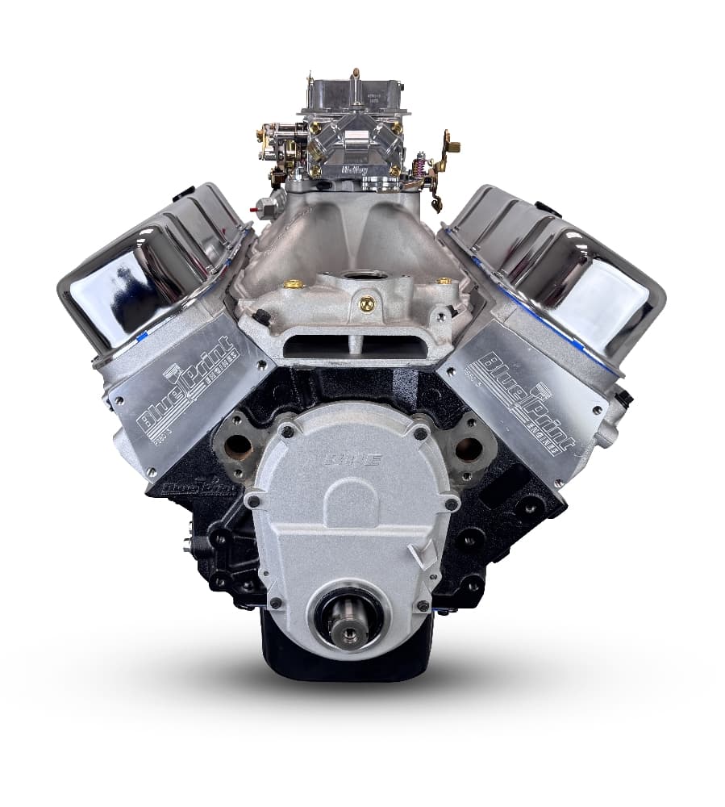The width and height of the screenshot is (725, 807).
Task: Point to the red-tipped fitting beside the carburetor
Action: [x=255, y=207]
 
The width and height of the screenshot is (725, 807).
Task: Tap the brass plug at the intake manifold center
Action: [x=367, y=304]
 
